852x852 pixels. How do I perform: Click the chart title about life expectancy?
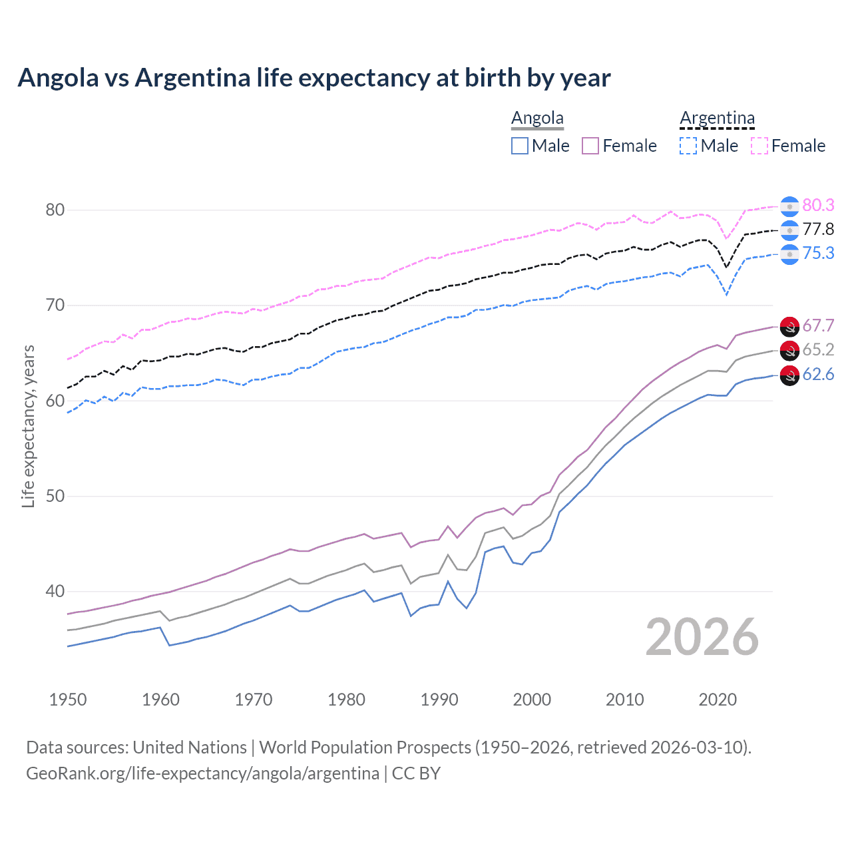click(x=314, y=78)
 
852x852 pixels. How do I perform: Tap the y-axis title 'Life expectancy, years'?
click(x=28, y=426)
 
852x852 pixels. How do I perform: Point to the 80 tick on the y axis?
click(x=55, y=210)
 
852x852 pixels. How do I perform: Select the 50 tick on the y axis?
click(x=55, y=496)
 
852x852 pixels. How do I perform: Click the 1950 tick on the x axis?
click(x=68, y=700)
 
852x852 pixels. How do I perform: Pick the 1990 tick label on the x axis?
click(x=439, y=700)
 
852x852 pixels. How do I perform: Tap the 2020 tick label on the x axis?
click(x=718, y=700)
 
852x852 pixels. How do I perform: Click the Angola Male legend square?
click(x=520, y=146)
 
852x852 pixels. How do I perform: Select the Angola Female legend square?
click(x=590, y=146)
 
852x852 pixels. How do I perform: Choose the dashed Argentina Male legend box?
click(x=688, y=146)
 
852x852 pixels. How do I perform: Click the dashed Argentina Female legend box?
click(x=759, y=146)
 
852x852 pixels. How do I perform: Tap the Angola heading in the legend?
click(x=537, y=118)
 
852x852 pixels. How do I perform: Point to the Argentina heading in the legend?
click(x=717, y=118)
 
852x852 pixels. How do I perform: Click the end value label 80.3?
click(x=818, y=205)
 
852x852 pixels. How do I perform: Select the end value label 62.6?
click(x=818, y=374)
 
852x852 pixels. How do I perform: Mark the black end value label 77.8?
click(x=818, y=230)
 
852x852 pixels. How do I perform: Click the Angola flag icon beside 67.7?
click(x=789, y=326)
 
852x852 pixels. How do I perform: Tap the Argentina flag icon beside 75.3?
click(x=789, y=254)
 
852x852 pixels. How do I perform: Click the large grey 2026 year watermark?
click(x=702, y=637)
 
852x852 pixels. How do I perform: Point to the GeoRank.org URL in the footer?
click(x=202, y=773)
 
